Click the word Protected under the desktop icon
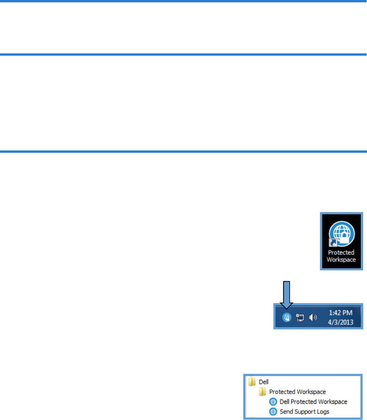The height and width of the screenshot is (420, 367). pos(341,253)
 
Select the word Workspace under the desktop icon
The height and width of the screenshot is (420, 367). pos(341,260)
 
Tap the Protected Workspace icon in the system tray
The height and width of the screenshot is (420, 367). pos(286,318)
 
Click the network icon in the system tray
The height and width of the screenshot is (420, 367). pos(300,318)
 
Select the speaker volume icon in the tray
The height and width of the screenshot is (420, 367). pos(313,318)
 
